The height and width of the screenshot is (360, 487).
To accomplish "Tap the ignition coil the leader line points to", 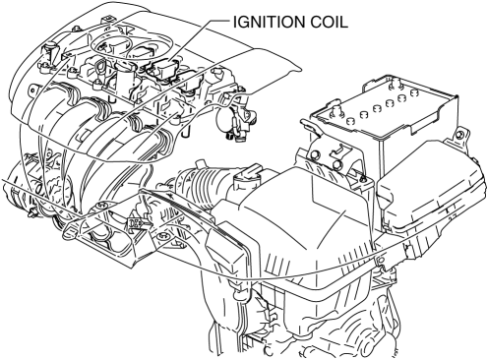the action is point(163,68).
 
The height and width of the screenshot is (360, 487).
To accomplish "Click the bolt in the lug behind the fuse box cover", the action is point(459,134).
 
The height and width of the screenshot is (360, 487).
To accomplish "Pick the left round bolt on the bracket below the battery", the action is point(316,155).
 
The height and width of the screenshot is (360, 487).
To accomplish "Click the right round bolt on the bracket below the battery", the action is point(337,165).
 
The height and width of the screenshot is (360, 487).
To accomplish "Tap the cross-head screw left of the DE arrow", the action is point(101,206).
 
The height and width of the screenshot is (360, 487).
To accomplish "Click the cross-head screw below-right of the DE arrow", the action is point(162,236).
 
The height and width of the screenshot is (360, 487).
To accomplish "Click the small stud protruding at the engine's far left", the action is point(32,213).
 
